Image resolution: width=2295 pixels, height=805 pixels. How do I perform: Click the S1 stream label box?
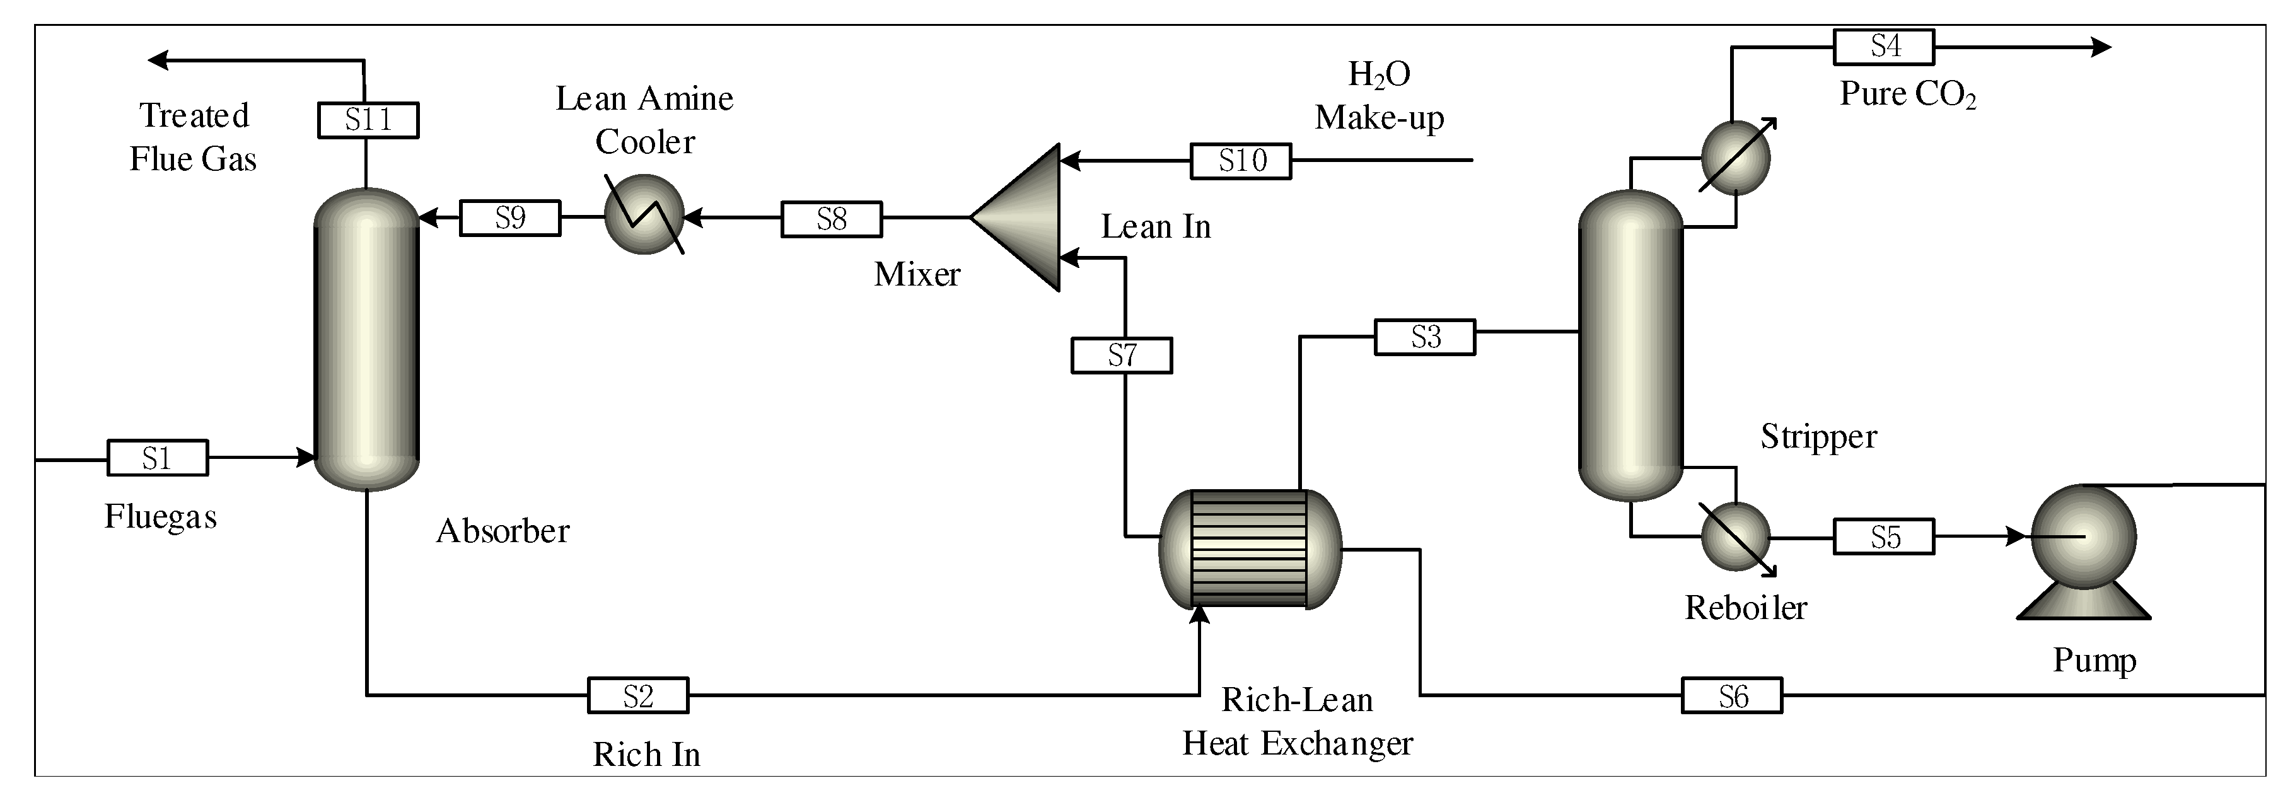pos(158,458)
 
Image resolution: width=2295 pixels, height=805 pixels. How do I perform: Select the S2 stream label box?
pos(638,695)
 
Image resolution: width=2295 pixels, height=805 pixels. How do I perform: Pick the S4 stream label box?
pos(1883,46)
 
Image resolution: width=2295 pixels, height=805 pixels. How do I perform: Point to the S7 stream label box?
pos(1121,356)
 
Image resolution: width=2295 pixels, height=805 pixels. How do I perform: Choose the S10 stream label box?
pos(1241,161)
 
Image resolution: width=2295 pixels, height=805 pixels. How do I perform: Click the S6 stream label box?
pos(1732,695)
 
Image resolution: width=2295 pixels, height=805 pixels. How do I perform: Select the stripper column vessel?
pos(1630,345)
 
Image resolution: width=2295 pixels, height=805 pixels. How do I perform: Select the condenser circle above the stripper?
pos(1736,158)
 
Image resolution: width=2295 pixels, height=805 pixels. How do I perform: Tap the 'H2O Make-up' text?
pos(1379,96)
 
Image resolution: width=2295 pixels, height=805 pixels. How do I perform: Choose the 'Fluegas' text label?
pos(160,516)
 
